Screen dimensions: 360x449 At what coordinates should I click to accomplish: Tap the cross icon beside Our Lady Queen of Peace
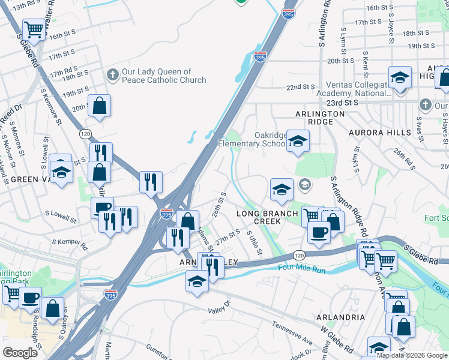point(112,75)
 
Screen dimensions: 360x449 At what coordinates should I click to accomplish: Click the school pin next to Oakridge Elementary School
point(297,142)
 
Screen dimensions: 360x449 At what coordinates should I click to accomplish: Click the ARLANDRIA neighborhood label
point(342,317)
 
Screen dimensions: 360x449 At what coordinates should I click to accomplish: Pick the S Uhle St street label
point(255,244)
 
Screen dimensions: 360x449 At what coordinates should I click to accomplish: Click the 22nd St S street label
point(301,87)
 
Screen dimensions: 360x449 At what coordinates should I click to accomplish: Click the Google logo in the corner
point(20,352)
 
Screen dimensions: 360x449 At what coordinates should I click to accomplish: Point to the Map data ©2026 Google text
point(412,355)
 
